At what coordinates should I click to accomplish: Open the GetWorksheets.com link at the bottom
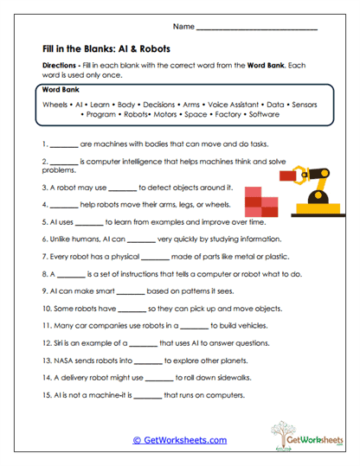pos(179,440)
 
